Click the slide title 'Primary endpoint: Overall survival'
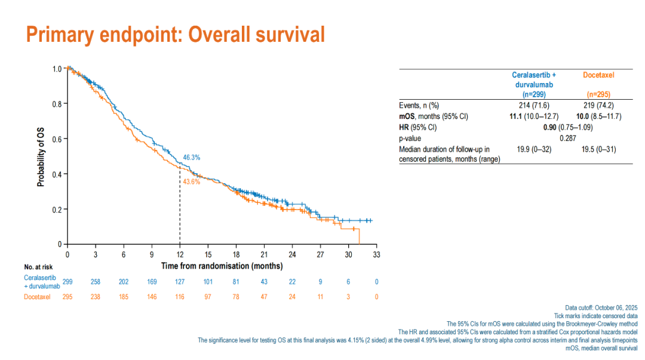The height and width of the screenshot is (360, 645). pos(176,34)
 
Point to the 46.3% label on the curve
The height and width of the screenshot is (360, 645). pos(191,158)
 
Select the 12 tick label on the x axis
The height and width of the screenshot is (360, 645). pos(180,254)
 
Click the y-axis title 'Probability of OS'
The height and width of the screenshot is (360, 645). pos(41,156)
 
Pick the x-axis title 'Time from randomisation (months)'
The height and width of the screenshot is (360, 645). pos(222,266)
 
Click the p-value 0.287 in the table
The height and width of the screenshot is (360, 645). pos(567,138)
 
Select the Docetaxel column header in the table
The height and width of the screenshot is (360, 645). pos(598,75)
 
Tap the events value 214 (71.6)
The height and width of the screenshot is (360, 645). pos(534,106)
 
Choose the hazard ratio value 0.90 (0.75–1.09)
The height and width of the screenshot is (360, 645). pos(567,127)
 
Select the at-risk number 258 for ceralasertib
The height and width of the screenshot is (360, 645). pos(96,282)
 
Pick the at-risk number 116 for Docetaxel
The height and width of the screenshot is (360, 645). pos(180,297)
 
